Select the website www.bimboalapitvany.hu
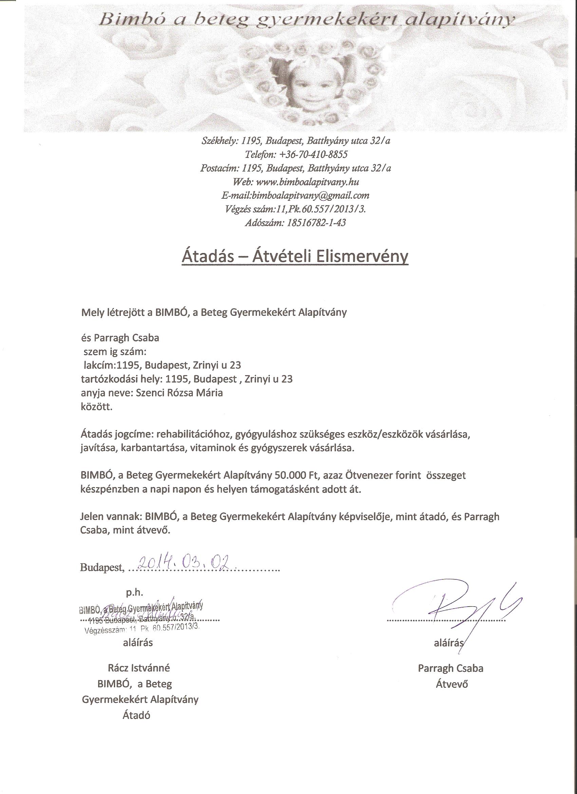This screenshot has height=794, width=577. [x=308, y=182]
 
